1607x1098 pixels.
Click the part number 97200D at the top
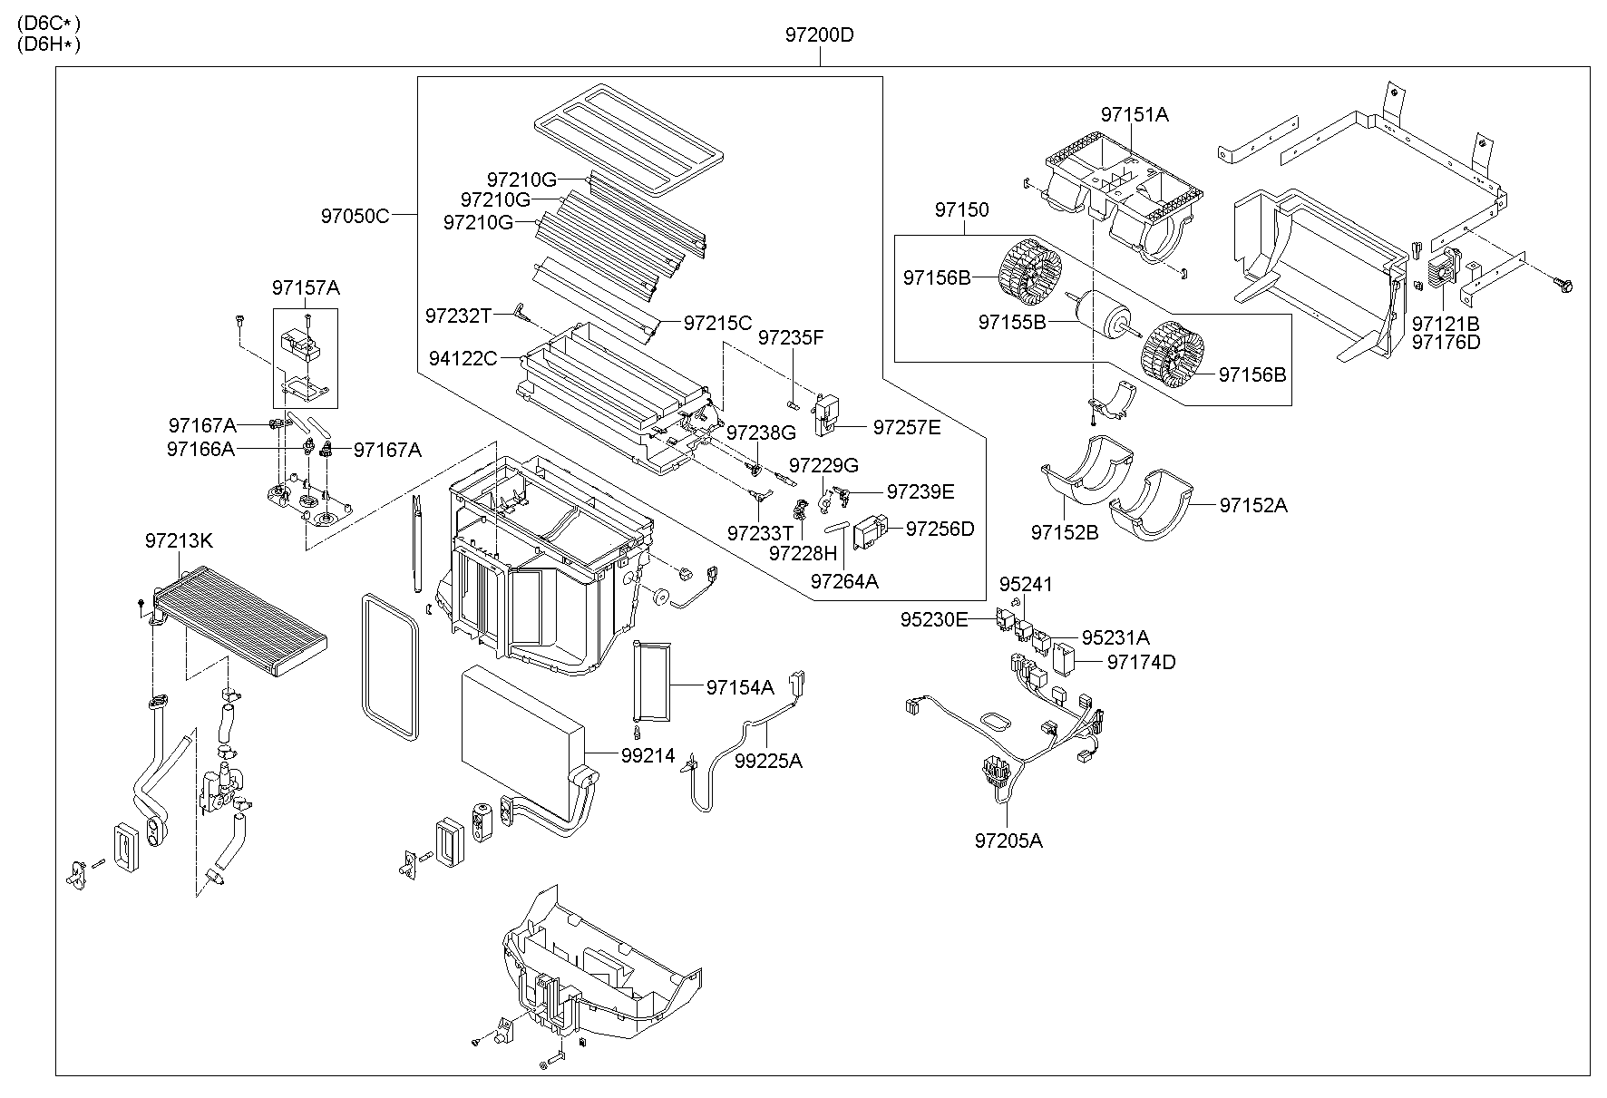pos(819,35)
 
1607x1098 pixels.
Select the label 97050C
pos(354,216)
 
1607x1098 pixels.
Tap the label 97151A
pos(1135,115)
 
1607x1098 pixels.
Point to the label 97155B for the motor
pos(1012,322)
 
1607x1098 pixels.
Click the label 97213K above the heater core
pos(179,540)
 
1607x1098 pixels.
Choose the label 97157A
pos(306,287)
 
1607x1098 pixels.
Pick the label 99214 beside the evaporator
pos(648,754)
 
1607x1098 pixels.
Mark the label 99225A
pos(768,761)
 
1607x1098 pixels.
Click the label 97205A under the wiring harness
pos(1008,841)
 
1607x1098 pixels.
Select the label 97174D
pos(1141,662)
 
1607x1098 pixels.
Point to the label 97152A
pos(1252,506)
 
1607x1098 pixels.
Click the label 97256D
pos(940,529)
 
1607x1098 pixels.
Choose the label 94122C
pos(463,359)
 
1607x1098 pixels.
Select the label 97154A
pos(740,688)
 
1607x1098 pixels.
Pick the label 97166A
pos(200,448)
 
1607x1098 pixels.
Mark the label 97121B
pos(1446,324)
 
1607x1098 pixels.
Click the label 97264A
pos(844,581)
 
